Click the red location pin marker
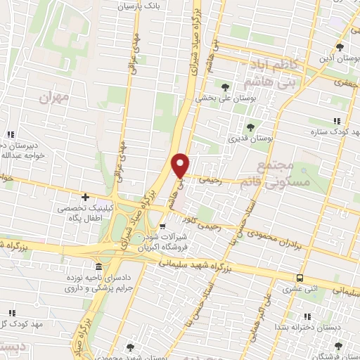(181, 165)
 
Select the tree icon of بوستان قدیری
(250, 127)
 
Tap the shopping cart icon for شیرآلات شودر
(162, 226)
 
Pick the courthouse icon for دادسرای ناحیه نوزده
(98, 268)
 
